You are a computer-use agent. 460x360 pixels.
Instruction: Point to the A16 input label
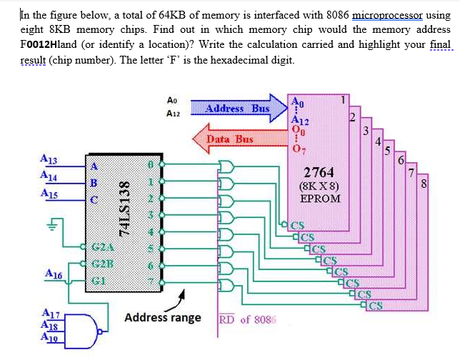(53, 274)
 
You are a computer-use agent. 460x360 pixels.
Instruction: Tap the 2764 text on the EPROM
(319, 172)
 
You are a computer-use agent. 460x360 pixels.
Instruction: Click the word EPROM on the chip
(319, 197)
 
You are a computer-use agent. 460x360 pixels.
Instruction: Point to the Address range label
(163, 317)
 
